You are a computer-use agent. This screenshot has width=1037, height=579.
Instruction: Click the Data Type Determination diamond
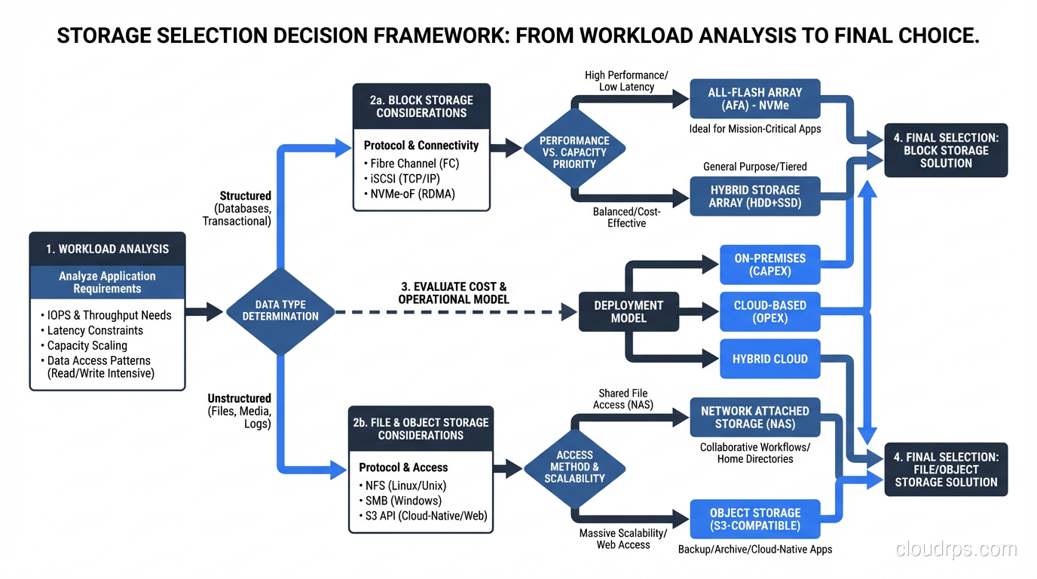pyautogui.click(x=280, y=311)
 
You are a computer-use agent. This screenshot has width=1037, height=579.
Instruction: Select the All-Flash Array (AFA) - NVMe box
pyautogui.click(x=754, y=99)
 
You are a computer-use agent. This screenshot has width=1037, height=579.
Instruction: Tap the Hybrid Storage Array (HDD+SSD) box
pyautogui.click(x=754, y=196)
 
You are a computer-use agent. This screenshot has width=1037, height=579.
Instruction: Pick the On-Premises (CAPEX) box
pyautogui.click(x=769, y=264)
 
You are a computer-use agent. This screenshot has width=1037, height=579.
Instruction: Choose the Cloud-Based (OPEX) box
pyautogui.click(x=769, y=311)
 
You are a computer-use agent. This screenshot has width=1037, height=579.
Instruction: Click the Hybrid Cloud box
pyautogui.click(x=769, y=359)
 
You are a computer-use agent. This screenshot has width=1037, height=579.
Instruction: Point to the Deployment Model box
pyautogui.click(x=628, y=311)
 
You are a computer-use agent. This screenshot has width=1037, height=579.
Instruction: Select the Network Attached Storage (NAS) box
pyautogui.click(x=754, y=417)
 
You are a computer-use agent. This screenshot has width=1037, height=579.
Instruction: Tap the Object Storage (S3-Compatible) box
pyautogui.click(x=754, y=519)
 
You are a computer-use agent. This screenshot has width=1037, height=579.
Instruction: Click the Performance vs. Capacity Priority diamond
pyautogui.click(x=574, y=152)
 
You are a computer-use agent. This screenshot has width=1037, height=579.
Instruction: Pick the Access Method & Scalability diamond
pyautogui.click(x=574, y=466)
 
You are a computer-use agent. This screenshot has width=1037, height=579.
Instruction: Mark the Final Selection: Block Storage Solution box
pyautogui.click(x=945, y=150)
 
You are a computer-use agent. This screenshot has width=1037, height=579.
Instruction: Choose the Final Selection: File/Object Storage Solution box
pyautogui.click(x=945, y=469)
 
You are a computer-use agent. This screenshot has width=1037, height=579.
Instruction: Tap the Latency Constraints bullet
pyautogui.click(x=95, y=330)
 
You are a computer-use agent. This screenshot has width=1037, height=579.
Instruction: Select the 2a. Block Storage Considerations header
pyautogui.click(x=421, y=106)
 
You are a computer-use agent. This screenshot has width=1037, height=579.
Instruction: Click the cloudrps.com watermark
pyautogui.click(x=956, y=550)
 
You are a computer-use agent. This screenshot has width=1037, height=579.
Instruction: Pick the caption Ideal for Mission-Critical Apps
pyautogui.click(x=754, y=129)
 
